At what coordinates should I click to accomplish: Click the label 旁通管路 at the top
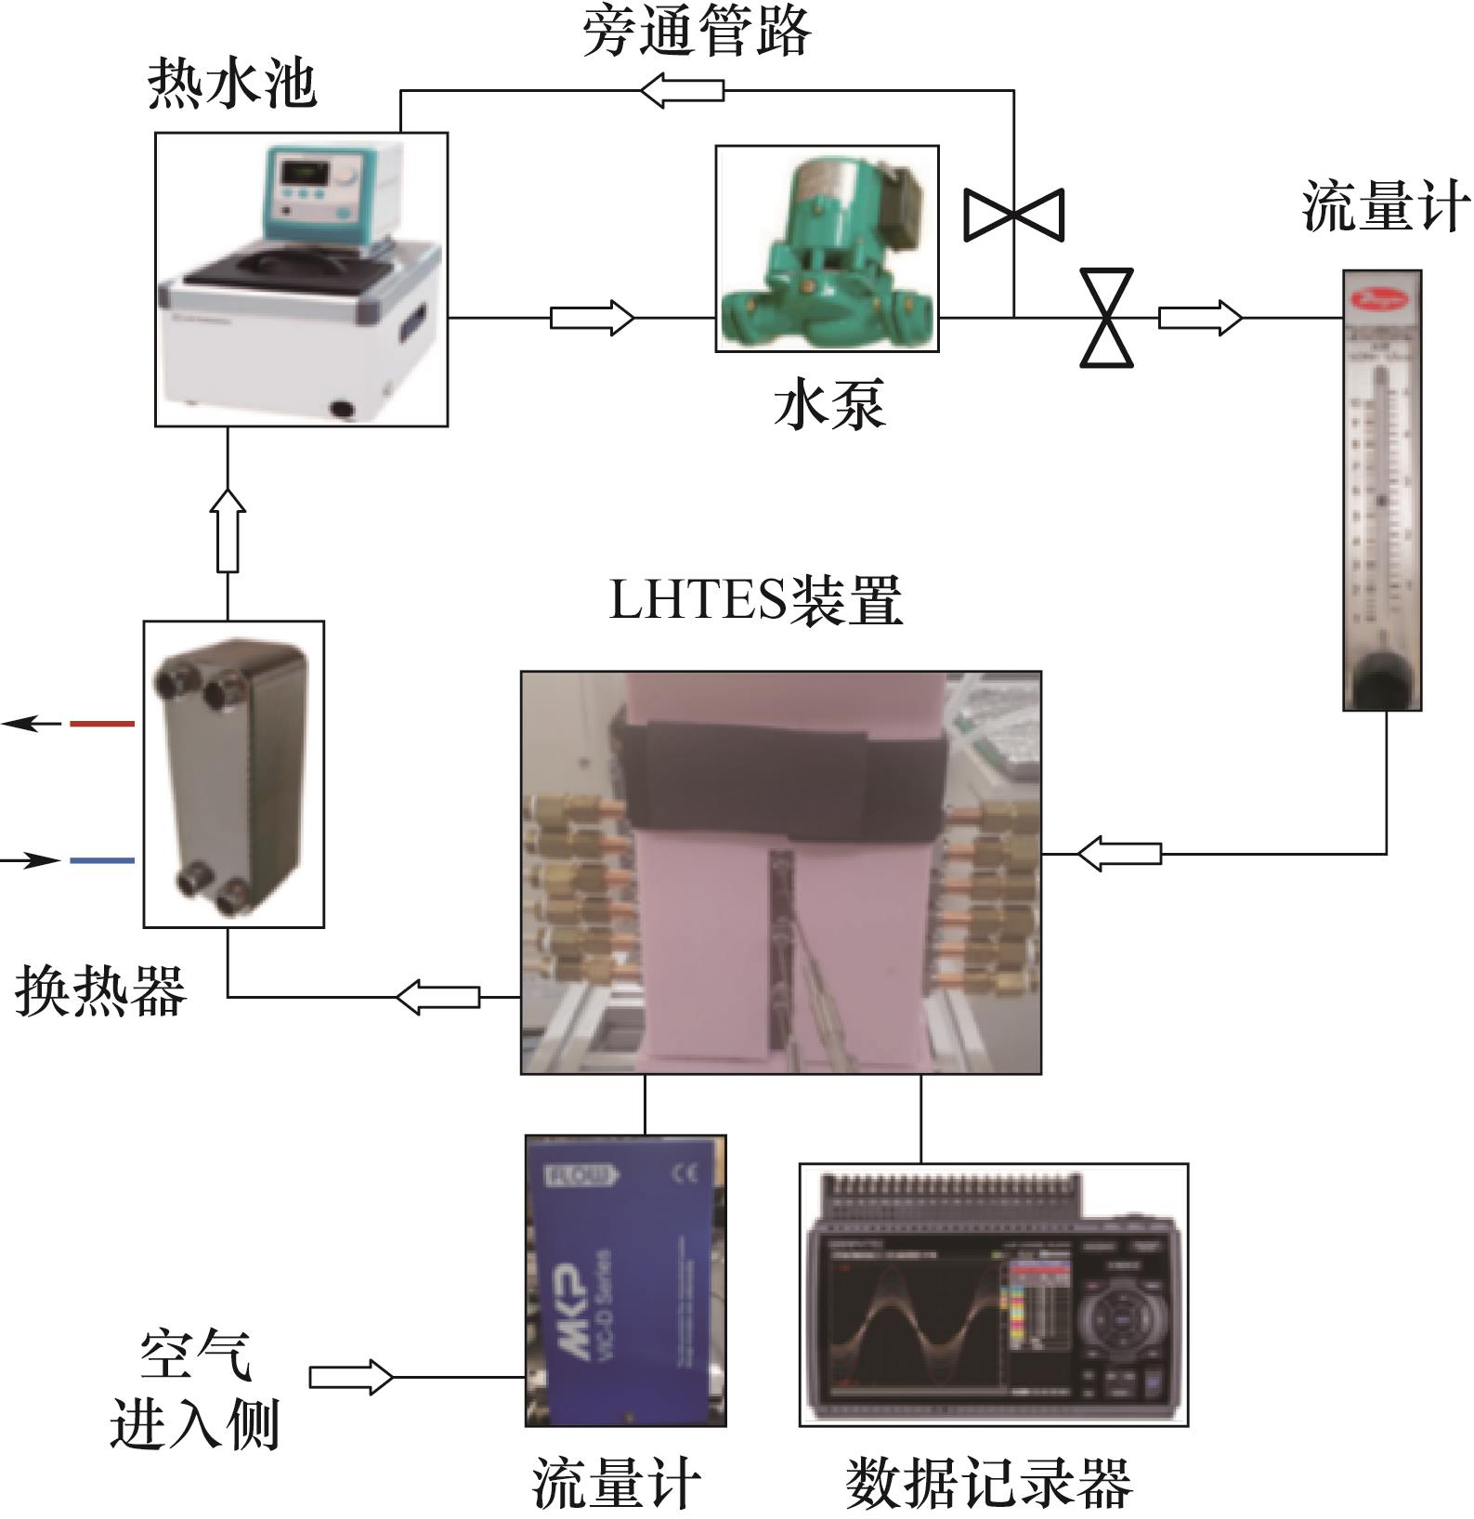(x=697, y=33)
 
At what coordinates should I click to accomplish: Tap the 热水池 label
(x=232, y=85)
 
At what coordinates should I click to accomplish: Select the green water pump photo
(x=827, y=248)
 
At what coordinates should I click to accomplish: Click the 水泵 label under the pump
(x=829, y=404)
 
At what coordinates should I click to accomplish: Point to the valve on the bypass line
(x=1013, y=215)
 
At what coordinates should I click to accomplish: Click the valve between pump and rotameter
(x=1106, y=318)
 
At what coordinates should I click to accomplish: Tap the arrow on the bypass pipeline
(x=683, y=91)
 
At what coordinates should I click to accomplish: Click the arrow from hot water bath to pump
(x=592, y=318)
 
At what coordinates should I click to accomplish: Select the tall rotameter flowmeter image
(x=1382, y=490)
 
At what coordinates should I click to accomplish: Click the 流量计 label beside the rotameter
(x=1385, y=205)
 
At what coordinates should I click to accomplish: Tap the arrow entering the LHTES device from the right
(x=1118, y=853)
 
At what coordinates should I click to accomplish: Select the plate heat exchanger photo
(x=233, y=774)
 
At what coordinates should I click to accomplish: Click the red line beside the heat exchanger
(x=102, y=723)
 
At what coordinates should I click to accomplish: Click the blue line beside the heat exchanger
(x=102, y=861)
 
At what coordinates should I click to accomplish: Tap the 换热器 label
(x=100, y=990)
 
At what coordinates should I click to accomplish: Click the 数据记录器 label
(x=989, y=1484)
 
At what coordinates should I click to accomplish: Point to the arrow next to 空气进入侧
(x=350, y=1377)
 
